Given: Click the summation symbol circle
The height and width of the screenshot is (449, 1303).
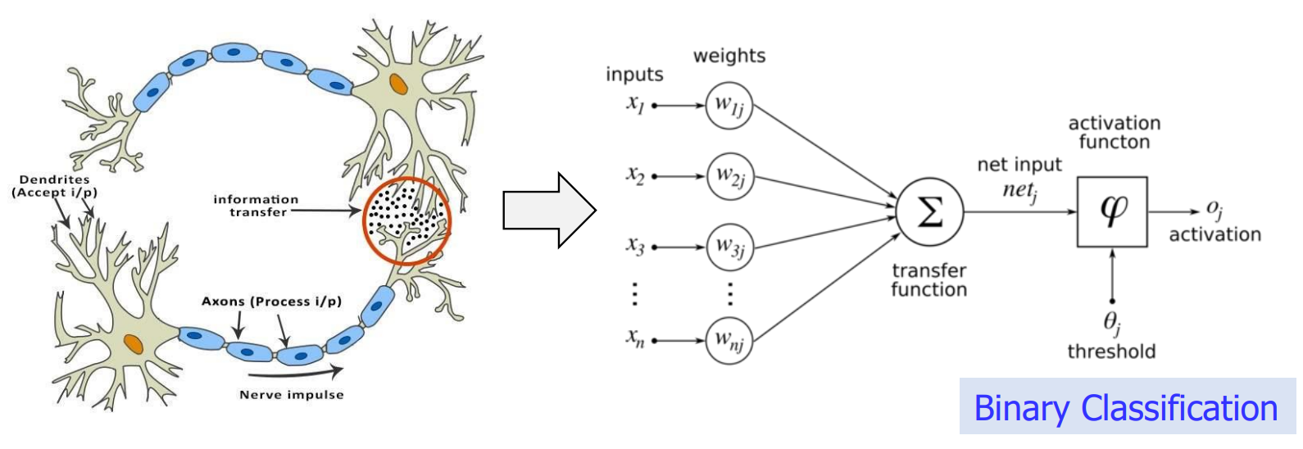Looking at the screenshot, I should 929,212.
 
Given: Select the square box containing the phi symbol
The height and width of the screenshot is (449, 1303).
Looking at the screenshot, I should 1111,211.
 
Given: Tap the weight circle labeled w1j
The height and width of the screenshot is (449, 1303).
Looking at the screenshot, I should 729,106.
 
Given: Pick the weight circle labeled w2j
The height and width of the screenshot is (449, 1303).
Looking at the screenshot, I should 729,176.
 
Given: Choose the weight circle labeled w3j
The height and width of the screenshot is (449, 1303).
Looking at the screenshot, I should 729,247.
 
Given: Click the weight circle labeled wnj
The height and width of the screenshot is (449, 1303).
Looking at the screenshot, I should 729,340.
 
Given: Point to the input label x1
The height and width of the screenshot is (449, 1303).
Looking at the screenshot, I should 636,104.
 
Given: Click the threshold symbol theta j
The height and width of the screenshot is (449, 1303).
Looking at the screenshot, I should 1111,323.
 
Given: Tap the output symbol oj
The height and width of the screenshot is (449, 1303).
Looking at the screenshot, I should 1214,210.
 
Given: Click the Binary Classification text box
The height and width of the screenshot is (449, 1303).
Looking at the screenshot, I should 1126,407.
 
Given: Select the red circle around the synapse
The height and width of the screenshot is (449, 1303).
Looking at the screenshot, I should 406,220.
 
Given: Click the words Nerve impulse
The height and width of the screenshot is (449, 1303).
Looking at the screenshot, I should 291,395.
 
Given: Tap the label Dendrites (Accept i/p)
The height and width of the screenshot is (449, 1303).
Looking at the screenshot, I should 54,186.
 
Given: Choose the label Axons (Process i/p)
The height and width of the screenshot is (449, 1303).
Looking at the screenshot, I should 271,302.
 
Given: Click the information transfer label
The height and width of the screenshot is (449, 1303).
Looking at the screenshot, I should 257,206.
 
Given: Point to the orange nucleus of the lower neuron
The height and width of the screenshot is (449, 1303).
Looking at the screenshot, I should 133,343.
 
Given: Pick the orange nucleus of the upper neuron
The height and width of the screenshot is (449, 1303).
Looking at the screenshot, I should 398,84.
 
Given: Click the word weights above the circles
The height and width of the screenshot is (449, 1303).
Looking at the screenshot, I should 729,56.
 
